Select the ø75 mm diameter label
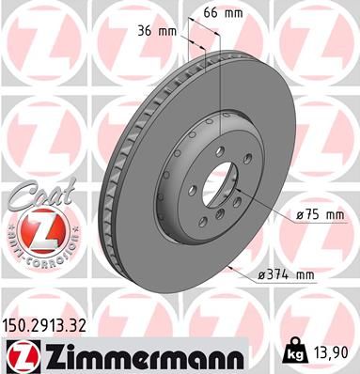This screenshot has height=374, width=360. [318, 216]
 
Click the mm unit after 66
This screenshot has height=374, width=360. [232, 13]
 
